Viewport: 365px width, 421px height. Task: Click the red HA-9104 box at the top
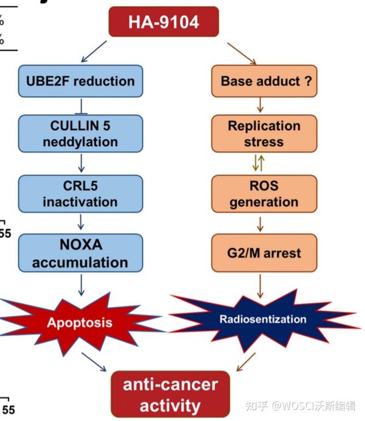tap(164, 22)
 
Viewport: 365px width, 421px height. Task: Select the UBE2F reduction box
tap(80, 81)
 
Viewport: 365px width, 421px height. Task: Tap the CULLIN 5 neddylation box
tap(80, 134)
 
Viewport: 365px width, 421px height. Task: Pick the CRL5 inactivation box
tap(80, 194)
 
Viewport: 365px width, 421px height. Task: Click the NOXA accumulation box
tap(80, 253)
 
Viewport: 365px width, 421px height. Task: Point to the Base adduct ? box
tap(265, 81)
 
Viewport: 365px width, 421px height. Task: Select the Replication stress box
tap(265, 134)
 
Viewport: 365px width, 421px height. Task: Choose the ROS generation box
tap(265, 194)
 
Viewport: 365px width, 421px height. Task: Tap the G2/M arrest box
tap(265, 253)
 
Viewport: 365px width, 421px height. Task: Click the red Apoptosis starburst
tap(80, 322)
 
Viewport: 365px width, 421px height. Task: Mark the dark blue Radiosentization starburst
tap(263, 319)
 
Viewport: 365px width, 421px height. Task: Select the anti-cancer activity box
tap(170, 394)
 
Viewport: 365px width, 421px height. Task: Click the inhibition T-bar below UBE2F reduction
tap(82, 106)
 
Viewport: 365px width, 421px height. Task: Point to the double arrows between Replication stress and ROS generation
tap(259, 162)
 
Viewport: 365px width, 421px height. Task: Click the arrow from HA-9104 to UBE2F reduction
tap(94, 51)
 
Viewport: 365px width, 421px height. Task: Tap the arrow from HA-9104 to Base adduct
tap(242, 54)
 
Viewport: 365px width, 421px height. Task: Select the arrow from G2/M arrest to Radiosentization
tap(260, 286)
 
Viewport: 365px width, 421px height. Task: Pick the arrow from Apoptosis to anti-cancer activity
tap(94, 362)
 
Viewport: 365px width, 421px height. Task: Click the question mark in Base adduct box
tap(308, 81)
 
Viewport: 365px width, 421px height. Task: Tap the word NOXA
tap(81, 245)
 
